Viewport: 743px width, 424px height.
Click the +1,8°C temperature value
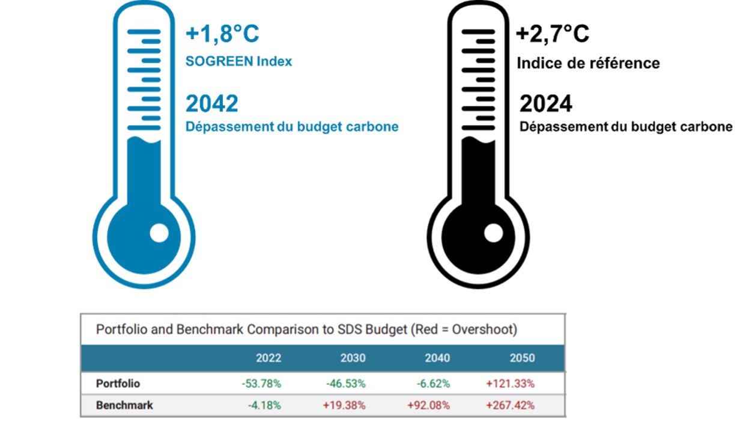(222, 34)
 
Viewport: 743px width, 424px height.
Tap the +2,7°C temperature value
(553, 34)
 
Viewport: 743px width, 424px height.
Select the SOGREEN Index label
(238, 61)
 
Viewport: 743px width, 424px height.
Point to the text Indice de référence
(588, 63)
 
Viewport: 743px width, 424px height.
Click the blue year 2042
(211, 103)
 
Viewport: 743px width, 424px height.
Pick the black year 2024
(545, 104)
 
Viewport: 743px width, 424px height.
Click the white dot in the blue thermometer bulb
(159, 233)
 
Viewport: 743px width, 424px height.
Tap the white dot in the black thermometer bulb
(493, 233)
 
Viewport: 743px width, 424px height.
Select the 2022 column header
(268, 358)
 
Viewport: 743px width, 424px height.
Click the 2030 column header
(353, 358)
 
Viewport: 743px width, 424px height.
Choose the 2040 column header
(437, 358)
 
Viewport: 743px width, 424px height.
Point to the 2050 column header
(522, 358)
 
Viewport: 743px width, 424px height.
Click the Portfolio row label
(118, 383)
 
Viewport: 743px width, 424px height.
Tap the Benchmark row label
(124, 405)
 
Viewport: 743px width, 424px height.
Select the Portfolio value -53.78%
(261, 383)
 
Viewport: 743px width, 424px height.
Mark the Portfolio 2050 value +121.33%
(511, 383)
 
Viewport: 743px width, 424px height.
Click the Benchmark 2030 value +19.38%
(344, 405)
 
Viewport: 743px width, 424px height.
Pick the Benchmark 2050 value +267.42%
(511, 405)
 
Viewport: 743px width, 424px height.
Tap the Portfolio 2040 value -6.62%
(432, 383)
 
